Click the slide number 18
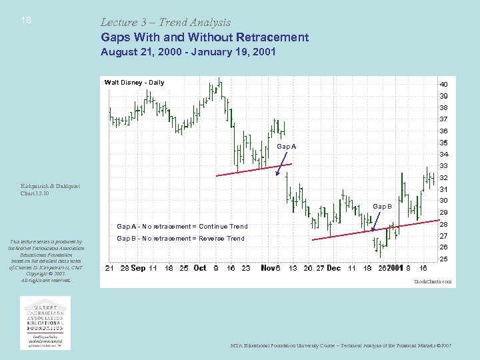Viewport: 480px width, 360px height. pos(25,21)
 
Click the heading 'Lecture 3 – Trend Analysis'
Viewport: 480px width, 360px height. pos(165,23)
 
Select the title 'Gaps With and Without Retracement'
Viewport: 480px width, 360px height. pos(205,37)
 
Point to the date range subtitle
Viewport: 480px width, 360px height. pos(188,51)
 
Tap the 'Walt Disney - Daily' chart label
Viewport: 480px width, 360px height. pos(134,83)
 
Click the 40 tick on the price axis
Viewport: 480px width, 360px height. pos(443,85)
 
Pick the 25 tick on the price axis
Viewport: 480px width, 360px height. pos(443,259)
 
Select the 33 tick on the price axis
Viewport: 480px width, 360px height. pos(443,166)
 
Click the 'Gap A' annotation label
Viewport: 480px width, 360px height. pos(286,147)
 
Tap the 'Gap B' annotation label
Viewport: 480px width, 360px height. pos(383,207)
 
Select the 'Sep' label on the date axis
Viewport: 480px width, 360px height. pos(138,268)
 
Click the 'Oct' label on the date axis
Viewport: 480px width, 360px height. pos(199,268)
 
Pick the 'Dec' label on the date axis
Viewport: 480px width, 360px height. pos(333,268)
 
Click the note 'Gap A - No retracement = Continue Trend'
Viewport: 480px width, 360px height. pos(182,227)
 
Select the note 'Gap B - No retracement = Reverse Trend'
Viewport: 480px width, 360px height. pos(181,239)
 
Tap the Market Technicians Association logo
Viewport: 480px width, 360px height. pos(45,323)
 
